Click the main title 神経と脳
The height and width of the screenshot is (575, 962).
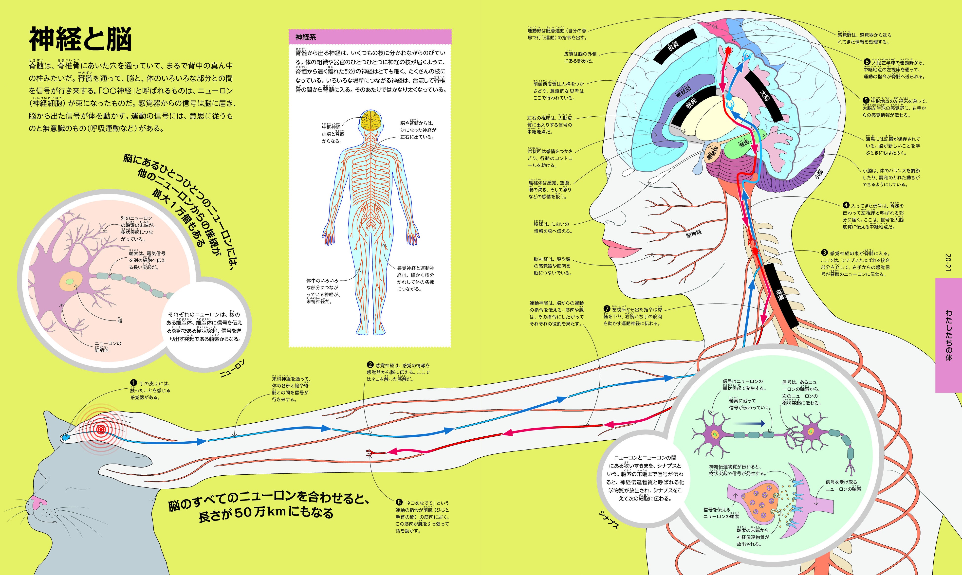pos(80,39)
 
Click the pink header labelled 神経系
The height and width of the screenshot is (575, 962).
pos(370,37)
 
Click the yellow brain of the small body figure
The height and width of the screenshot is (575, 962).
pos(371,120)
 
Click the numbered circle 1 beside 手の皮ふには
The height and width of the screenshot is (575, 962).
pos(134,383)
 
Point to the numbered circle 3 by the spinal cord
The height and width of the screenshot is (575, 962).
pos(824,253)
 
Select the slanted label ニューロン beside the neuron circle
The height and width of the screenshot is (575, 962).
pos(233,368)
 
